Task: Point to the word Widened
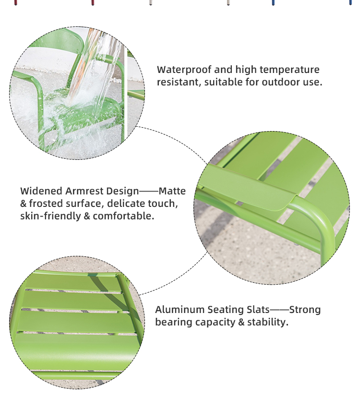click(x=41, y=191)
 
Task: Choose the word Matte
click(x=172, y=191)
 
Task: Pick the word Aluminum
click(x=180, y=310)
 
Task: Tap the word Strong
click(x=305, y=310)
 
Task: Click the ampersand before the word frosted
click(x=24, y=204)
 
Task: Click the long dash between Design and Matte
click(x=149, y=191)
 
